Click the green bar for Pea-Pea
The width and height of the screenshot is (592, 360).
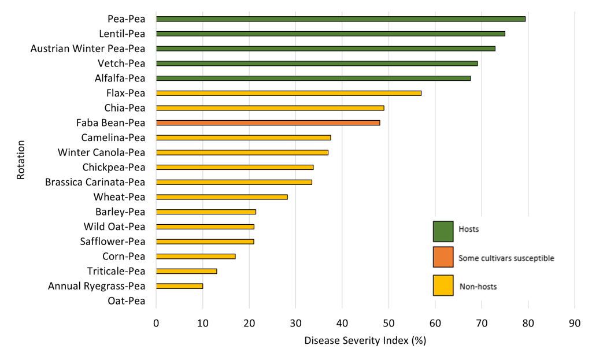[341, 19]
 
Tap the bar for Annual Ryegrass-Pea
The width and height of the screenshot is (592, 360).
[179, 286]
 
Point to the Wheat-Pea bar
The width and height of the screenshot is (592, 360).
[221, 197]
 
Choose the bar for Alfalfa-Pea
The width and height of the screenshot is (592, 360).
[313, 78]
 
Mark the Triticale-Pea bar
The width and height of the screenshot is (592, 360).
[186, 271]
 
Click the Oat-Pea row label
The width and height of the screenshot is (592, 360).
[127, 300]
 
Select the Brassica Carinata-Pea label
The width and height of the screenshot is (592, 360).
[95, 182]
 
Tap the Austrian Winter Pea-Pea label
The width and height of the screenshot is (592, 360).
[88, 49]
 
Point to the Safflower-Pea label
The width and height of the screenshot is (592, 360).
[113, 242]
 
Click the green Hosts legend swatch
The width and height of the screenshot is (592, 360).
[443, 230]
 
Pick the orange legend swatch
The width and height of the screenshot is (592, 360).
[443, 258]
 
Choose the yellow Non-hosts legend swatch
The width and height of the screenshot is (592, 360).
[443, 285]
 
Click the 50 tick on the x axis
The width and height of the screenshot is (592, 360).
[388, 324]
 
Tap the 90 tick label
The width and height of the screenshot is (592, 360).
[574, 324]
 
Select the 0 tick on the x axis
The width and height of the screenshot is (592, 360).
[156, 324]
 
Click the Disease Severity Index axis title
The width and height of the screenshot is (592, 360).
[365, 340]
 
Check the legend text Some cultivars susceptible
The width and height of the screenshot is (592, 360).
[506, 258]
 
